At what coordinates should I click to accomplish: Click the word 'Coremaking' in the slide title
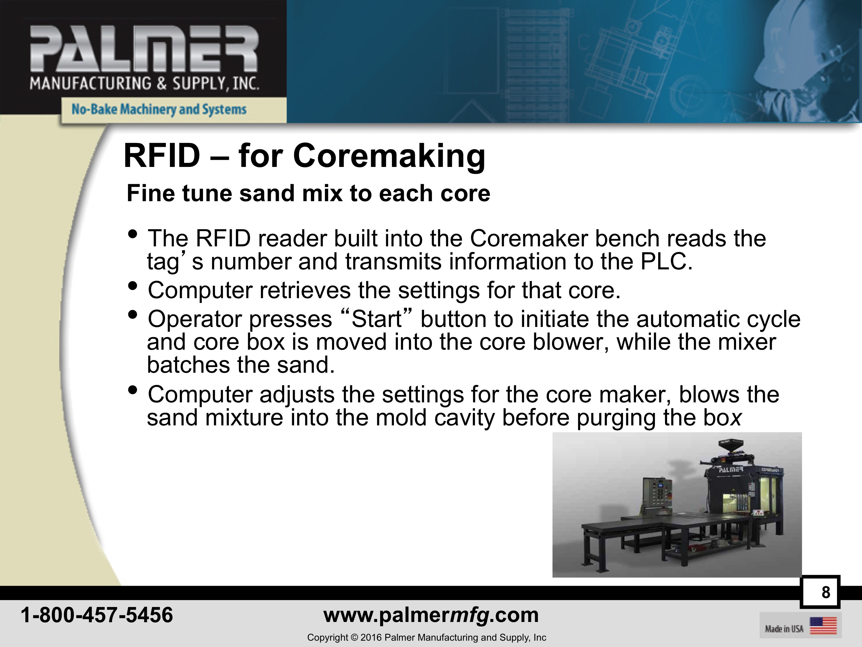389,156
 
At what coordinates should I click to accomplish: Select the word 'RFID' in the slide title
162,156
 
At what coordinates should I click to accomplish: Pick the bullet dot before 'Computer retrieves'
133,286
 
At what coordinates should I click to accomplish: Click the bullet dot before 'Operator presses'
133,314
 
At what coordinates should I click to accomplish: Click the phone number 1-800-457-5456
97,615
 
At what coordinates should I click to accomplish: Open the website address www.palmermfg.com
431,615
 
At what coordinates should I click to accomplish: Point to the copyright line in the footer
427,638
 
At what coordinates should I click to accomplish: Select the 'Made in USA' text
784,629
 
